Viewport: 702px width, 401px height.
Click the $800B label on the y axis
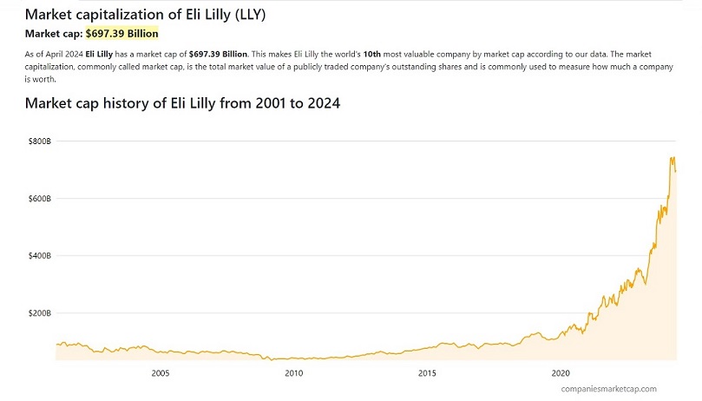coord(41,141)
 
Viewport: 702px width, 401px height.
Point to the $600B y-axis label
coord(41,199)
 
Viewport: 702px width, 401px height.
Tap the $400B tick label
coord(41,256)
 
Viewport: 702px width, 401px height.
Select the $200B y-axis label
coord(41,313)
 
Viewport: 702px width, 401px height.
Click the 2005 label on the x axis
coord(161,373)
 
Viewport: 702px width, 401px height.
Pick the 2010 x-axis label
coord(294,373)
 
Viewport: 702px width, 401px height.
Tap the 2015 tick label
coord(427,373)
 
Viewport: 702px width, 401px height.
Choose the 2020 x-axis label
coord(561,373)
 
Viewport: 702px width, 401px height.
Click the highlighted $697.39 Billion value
coord(121,34)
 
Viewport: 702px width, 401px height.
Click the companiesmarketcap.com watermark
coord(608,389)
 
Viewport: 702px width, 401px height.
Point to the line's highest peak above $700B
coord(672,158)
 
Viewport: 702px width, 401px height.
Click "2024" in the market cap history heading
coord(320,103)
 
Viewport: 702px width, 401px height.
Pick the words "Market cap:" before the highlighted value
coord(53,34)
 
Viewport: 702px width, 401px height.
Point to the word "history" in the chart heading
coord(136,103)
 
